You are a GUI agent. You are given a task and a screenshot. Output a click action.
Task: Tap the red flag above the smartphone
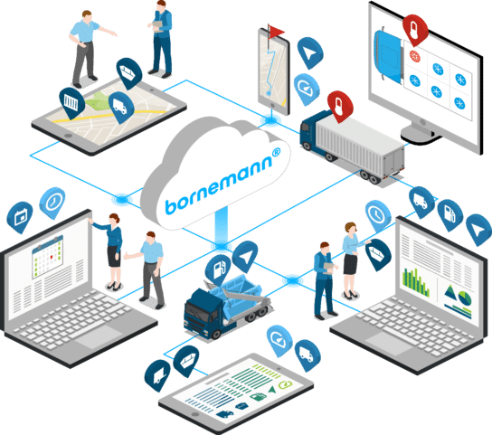pyautogui.click(x=276, y=32)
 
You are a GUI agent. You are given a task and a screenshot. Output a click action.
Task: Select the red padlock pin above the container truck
pyautogui.click(x=339, y=107)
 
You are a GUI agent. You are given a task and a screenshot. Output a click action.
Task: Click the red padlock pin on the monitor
pyautogui.click(x=415, y=30)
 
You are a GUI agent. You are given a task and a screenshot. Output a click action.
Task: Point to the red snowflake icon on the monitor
pyautogui.click(x=415, y=56)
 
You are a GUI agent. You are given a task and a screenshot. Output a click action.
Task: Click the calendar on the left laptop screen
pyautogui.click(x=48, y=257)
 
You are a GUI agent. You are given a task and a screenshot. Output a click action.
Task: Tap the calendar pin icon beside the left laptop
pyautogui.click(x=20, y=217)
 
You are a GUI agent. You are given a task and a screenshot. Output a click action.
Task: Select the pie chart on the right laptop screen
pyautogui.click(x=465, y=298)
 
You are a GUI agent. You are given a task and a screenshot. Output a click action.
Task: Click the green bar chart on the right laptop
pyautogui.click(x=415, y=282)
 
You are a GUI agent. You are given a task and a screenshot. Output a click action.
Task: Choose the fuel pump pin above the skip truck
pyautogui.click(x=218, y=270)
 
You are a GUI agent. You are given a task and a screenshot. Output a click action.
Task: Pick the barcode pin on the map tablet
pyautogui.click(x=71, y=102)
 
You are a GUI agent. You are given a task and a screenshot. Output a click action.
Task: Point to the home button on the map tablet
pyautogui.click(x=68, y=136)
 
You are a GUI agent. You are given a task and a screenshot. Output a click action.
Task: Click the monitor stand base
pyautogui.click(x=420, y=136)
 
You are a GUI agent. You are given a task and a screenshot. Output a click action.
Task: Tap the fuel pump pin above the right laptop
pyautogui.click(x=450, y=214)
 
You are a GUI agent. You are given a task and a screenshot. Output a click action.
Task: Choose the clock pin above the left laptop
pyautogui.click(x=52, y=203)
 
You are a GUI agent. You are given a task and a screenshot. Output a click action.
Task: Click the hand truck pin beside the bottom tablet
pyautogui.click(x=157, y=375)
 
